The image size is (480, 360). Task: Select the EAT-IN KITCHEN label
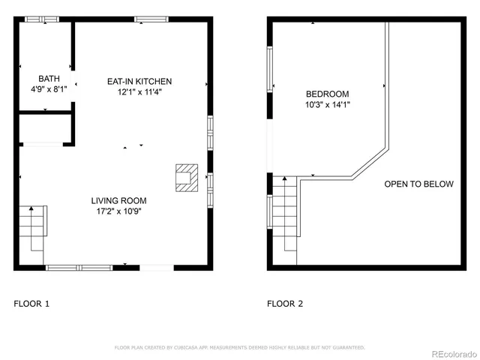click(139, 81)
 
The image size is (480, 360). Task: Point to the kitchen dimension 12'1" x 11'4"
click(139, 92)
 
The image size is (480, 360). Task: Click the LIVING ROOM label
click(118, 200)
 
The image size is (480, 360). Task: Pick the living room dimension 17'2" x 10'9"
click(118, 211)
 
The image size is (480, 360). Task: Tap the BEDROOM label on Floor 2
click(327, 94)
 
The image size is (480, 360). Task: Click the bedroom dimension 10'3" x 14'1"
click(327, 105)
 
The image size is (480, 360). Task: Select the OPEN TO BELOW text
click(418, 184)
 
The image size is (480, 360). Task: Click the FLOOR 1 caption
click(31, 304)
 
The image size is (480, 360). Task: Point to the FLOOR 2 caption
click(285, 304)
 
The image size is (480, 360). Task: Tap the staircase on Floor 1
click(34, 227)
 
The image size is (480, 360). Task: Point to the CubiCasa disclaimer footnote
click(239, 347)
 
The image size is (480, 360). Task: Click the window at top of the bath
click(37, 19)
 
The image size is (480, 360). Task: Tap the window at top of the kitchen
click(150, 19)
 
